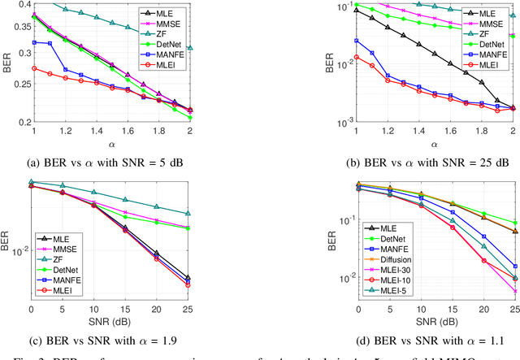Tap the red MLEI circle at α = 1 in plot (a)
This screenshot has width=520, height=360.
click(x=33, y=69)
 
